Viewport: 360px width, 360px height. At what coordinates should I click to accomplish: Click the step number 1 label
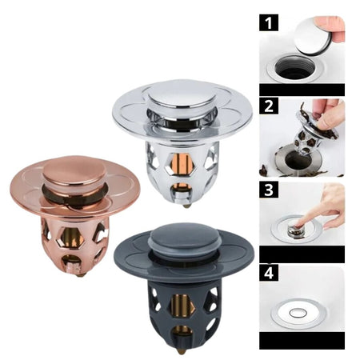pyautogui.click(x=269, y=23)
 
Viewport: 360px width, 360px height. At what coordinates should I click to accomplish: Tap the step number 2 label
pyautogui.click(x=269, y=106)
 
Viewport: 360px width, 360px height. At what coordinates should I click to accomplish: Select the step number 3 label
pyautogui.click(x=269, y=190)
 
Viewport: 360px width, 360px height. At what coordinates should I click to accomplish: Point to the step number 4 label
pyautogui.click(x=269, y=273)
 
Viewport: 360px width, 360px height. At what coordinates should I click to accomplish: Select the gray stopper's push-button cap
pyautogui.click(x=184, y=240)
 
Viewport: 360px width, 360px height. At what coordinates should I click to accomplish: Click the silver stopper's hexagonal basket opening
pyautogui.click(x=182, y=164)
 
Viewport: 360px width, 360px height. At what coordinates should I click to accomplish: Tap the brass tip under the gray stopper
pyautogui.click(x=182, y=351)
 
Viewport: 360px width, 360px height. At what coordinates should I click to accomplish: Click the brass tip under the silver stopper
pyautogui.click(x=186, y=206)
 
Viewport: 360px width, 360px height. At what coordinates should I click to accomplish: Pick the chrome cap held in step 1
pyautogui.click(x=313, y=37)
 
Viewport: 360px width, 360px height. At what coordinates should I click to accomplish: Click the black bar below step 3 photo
pyautogui.click(x=302, y=254)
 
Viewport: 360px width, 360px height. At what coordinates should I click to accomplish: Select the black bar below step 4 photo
pyautogui.click(x=302, y=341)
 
